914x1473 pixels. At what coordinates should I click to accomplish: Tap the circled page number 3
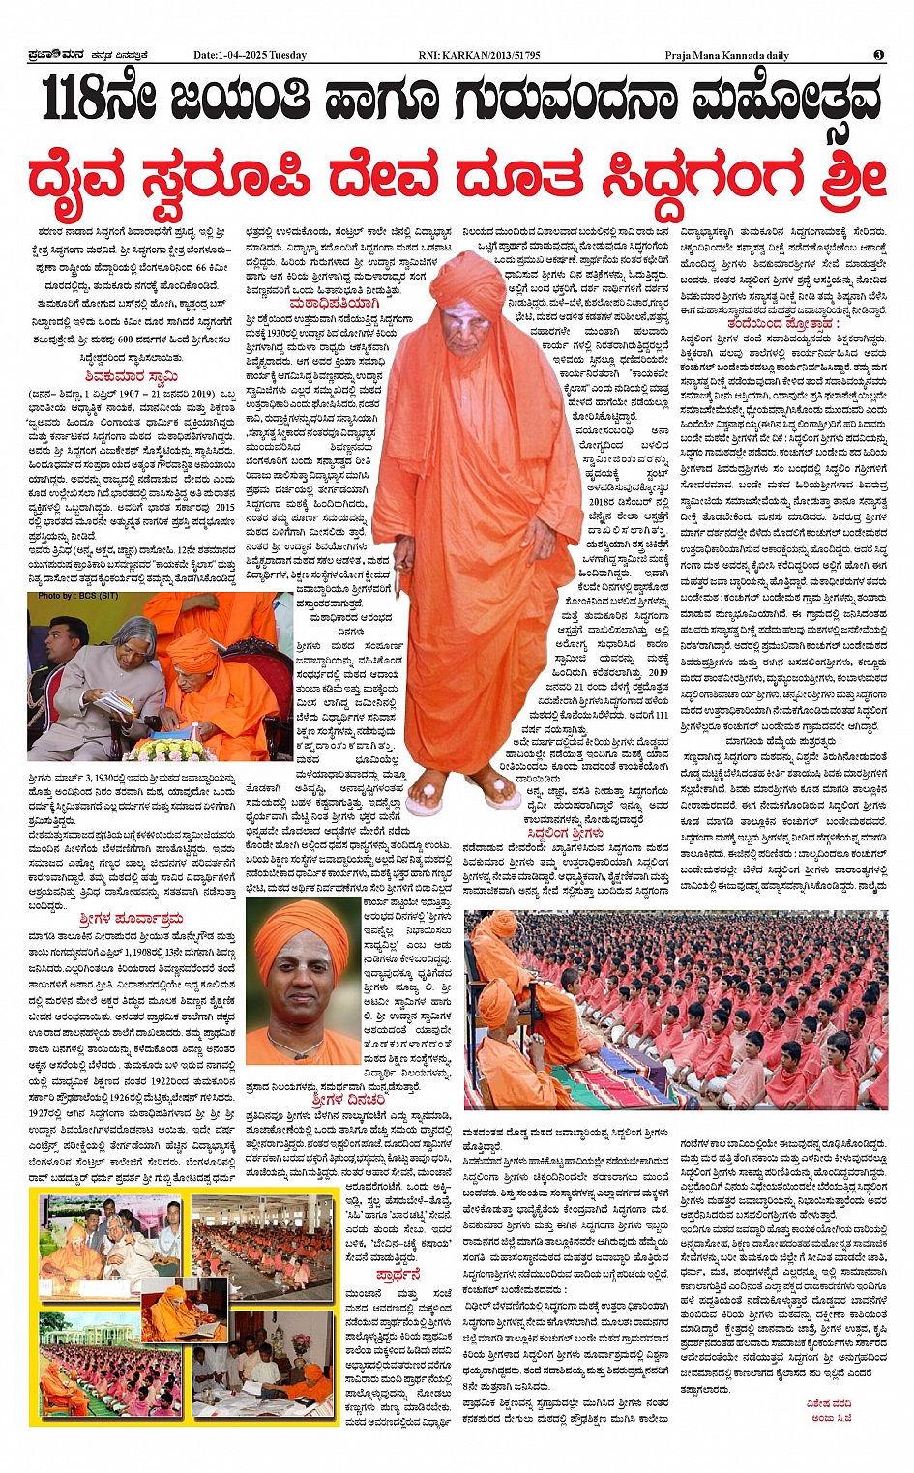click(878, 55)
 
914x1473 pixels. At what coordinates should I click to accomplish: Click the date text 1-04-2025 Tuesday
click(250, 55)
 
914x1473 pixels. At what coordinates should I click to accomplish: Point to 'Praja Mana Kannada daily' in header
click(726, 55)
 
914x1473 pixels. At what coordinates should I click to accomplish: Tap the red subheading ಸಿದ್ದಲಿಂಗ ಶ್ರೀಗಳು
click(566, 833)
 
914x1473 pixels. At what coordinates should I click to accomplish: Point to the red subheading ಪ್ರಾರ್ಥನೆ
click(398, 1275)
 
